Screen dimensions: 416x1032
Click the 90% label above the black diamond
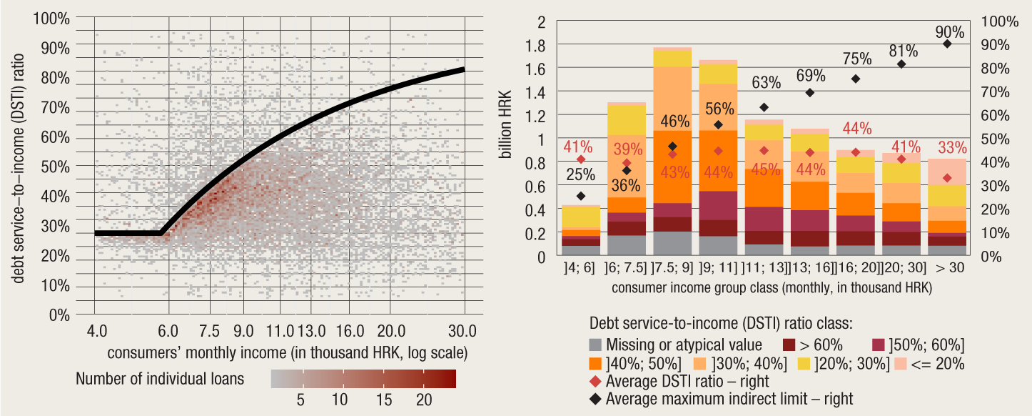point(948,32)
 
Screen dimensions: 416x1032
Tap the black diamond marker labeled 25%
point(581,196)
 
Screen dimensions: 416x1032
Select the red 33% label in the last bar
point(952,148)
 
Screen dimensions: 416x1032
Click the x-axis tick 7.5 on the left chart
point(209,331)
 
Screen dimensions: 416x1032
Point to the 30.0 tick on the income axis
point(463,331)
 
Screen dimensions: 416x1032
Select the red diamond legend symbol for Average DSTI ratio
point(596,381)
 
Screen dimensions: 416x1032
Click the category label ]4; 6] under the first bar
point(580,269)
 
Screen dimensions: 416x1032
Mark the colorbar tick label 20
point(424,400)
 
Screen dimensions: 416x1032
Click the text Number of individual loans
point(160,379)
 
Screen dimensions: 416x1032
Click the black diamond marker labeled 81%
point(901,64)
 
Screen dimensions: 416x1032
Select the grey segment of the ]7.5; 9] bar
point(672,243)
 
